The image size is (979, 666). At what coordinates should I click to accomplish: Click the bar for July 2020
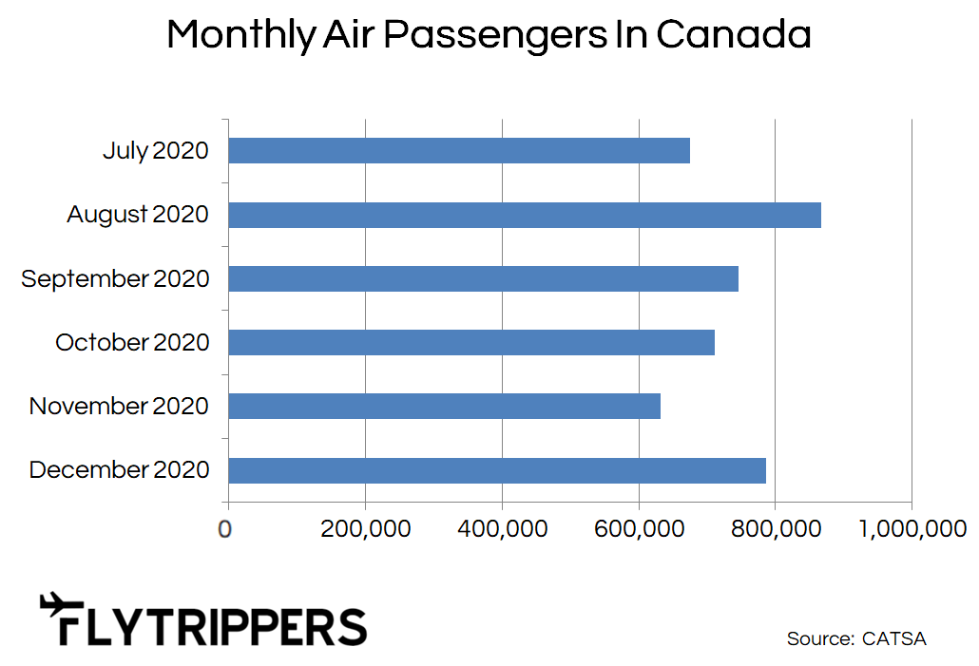(x=459, y=150)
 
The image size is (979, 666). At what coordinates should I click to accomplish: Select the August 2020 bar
(x=525, y=215)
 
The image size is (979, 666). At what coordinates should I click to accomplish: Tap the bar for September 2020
(x=483, y=278)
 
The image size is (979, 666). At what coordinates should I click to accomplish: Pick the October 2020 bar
(x=471, y=342)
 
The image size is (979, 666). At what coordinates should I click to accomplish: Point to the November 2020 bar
(x=445, y=406)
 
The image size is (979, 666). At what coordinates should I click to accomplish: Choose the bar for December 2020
(x=497, y=470)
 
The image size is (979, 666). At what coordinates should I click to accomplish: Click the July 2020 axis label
(x=156, y=151)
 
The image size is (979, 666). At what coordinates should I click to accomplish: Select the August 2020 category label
(x=138, y=215)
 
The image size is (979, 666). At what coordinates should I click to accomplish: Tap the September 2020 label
(x=115, y=279)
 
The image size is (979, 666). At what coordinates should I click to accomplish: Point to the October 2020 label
(x=132, y=342)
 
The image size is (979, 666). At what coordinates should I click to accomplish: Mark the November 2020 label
(x=119, y=406)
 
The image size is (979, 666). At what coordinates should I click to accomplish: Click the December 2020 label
(x=119, y=469)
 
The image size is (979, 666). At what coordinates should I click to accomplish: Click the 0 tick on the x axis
(x=224, y=529)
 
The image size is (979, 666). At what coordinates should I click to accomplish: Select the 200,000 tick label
(x=365, y=529)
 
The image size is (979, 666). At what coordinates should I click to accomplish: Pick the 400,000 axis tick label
(x=503, y=529)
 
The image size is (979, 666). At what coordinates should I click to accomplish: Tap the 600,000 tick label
(x=640, y=529)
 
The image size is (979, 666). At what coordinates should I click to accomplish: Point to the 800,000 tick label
(x=777, y=529)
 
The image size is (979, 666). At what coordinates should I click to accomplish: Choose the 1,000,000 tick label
(x=912, y=529)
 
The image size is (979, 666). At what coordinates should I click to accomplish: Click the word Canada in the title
(x=734, y=33)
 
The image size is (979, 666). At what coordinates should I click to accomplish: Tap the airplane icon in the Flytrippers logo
(x=61, y=604)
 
